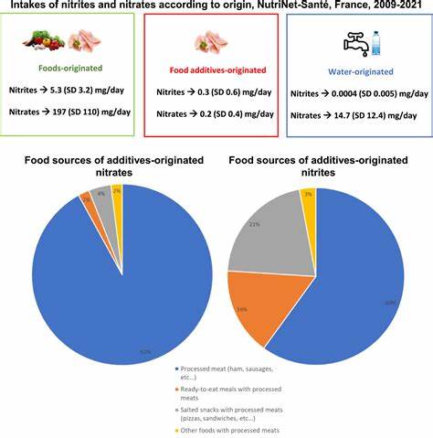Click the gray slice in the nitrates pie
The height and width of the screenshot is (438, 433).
pyautogui.click(x=102, y=195)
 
